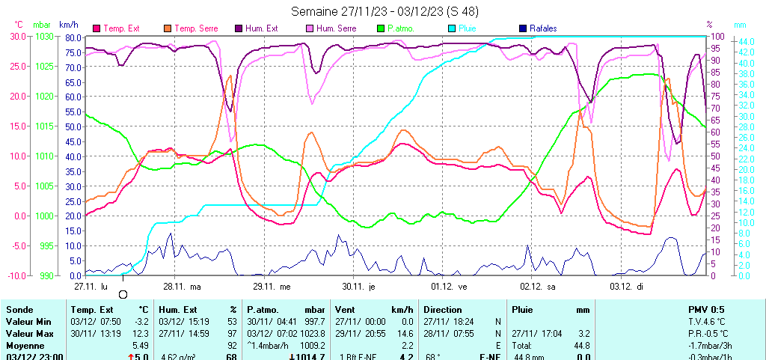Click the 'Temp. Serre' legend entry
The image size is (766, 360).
(196, 28)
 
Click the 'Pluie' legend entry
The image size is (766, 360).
(471, 28)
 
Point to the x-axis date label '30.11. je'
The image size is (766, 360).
(358, 286)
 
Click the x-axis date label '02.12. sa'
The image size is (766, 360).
(539, 286)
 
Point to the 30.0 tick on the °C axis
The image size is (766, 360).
(17, 36)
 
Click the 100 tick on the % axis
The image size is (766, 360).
(717, 36)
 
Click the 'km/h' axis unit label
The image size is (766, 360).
(70, 25)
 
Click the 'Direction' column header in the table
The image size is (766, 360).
(444, 309)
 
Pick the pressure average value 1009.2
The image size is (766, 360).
(311, 346)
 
